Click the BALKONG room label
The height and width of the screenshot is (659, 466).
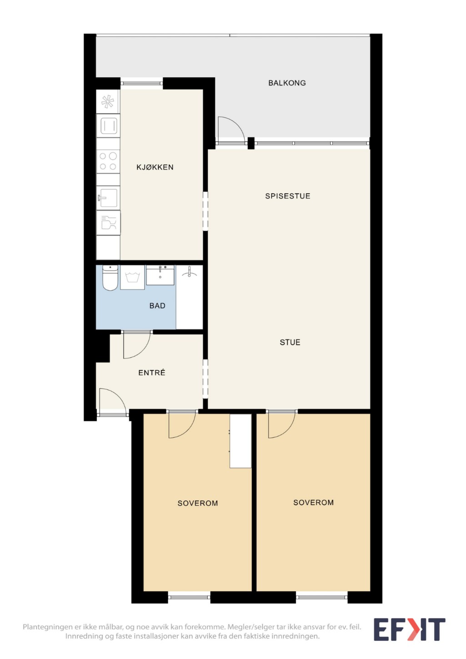pos(287,83)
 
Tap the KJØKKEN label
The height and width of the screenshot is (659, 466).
pos(155,167)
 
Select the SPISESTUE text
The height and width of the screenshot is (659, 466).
pos(288,196)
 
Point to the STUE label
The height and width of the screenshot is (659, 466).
pos(290,342)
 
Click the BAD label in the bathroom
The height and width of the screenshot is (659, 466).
pos(157,306)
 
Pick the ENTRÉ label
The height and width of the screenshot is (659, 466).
pos(151,373)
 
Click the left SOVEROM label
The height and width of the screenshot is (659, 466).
pos(197,503)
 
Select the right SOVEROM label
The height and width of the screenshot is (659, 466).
pos(314,502)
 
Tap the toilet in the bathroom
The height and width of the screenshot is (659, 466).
pos(110,277)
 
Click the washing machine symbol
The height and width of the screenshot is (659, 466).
pos(132,277)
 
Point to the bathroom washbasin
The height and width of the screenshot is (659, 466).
pos(160,275)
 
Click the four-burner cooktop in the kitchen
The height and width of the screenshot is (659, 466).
pos(108,161)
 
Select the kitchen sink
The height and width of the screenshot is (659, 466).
pos(108,197)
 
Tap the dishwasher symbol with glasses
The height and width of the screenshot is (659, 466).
pos(108,223)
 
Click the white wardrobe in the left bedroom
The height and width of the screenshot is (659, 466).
pos(241,441)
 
